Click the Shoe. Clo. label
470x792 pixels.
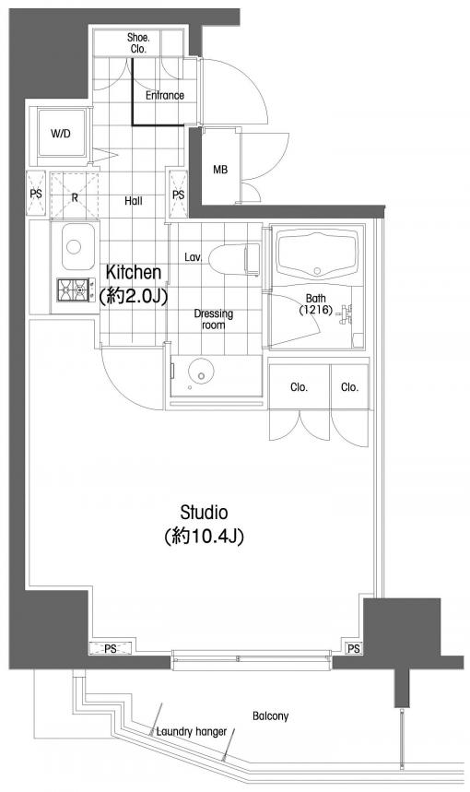[x=137, y=43]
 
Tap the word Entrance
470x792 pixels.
[x=165, y=95]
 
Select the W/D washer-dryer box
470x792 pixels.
[x=61, y=135]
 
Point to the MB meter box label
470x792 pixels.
[x=220, y=170]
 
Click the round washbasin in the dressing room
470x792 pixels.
[x=201, y=373]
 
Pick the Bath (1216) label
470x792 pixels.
[x=315, y=304]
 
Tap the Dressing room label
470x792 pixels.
[x=214, y=319]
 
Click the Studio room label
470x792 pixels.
[x=204, y=513]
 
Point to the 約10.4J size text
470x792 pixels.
[x=204, y=537]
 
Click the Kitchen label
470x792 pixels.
[x=134, y=273]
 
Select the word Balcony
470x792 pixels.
[x=271, y=715]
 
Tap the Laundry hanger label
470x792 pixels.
[x=192, y=731]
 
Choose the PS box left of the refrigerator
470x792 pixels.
[x=36, y=195]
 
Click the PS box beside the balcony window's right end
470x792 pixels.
[x=354, y=648]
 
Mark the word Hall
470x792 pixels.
[x=134, y=201]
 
